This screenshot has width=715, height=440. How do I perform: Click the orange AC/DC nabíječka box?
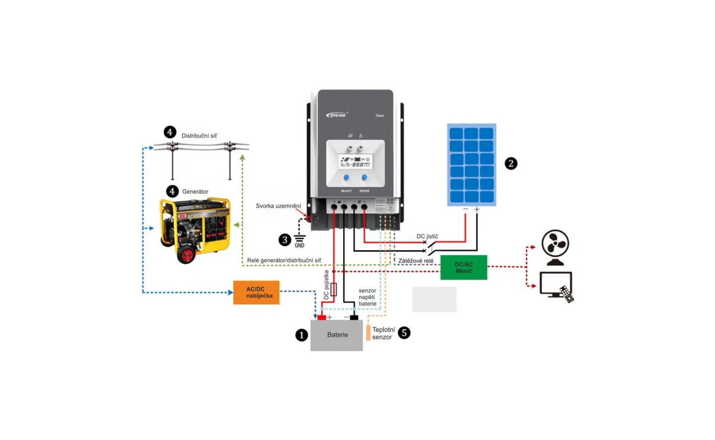tap(256, 292)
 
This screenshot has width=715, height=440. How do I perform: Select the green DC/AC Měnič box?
tap(464, 268)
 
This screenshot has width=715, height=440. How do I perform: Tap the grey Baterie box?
tap(337, 335)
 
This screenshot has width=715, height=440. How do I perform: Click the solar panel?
tap(471, 164)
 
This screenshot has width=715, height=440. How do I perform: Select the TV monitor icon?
tap(555, 284)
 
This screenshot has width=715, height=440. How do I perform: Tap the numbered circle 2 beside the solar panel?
tap(511, 163)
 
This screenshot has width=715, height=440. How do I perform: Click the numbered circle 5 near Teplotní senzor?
tap(404, 333)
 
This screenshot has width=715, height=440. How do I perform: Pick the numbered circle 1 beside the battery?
tap(301, 335)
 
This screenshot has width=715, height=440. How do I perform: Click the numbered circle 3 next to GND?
tap(284, 239)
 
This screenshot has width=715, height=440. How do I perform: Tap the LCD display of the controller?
tap(355, 162)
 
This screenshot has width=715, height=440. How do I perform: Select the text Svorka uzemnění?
tap(278, 206)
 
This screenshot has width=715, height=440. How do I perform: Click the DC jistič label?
tap(427, 236)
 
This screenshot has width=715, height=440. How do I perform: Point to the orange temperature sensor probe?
tap(368, 333)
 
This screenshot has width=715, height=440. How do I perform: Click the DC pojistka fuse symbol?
tap(333, 290)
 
